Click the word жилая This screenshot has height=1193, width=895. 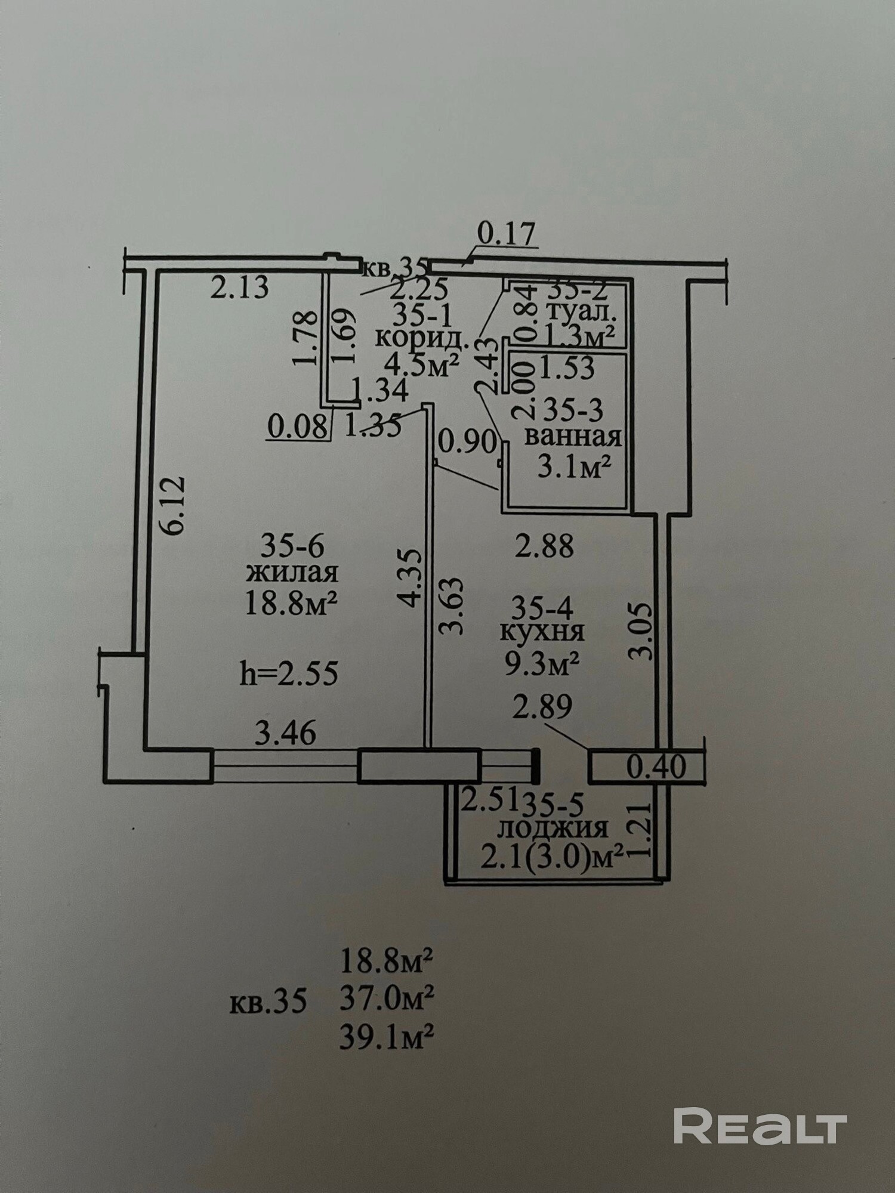point(292,573)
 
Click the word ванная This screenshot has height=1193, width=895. point(573,437)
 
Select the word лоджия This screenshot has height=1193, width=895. point(553,829)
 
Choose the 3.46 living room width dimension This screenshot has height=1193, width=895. point(285,732)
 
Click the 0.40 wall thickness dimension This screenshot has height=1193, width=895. point(656,767)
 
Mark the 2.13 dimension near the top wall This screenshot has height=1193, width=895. point(240,289)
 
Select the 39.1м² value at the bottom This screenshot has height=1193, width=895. point(387,1036)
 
